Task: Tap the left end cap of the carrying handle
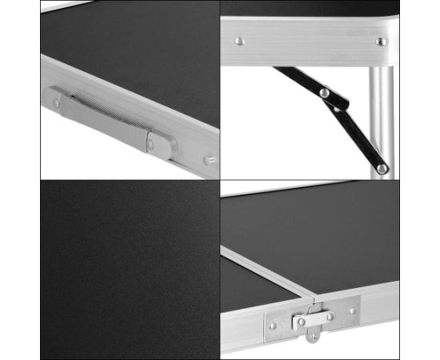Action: (58, 99)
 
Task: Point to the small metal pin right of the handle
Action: (209, 161)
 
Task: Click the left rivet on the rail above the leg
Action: (238, 40)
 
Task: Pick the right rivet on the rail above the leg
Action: (381, 41)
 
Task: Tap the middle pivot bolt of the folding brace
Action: (324, 94)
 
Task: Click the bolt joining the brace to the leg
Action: (382, 167)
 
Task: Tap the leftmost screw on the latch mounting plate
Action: (273, 326)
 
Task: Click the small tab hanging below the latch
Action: (311, 335)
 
